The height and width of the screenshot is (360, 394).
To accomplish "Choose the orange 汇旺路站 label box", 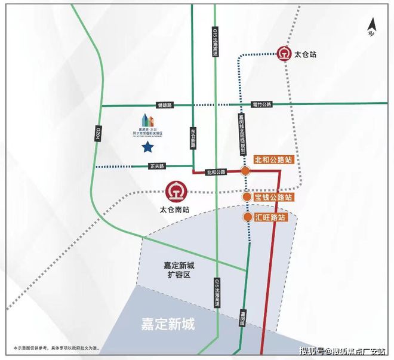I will tap(270, 217).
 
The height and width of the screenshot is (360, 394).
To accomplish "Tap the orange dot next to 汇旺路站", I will tap(247, 217).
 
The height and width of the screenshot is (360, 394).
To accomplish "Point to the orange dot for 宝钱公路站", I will tap(247, 197).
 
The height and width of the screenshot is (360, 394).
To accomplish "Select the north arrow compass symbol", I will tap(371, 28).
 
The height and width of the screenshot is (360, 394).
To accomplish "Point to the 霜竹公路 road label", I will tap(261, 105).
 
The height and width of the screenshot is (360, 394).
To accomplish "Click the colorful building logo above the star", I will tap(147, 124).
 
